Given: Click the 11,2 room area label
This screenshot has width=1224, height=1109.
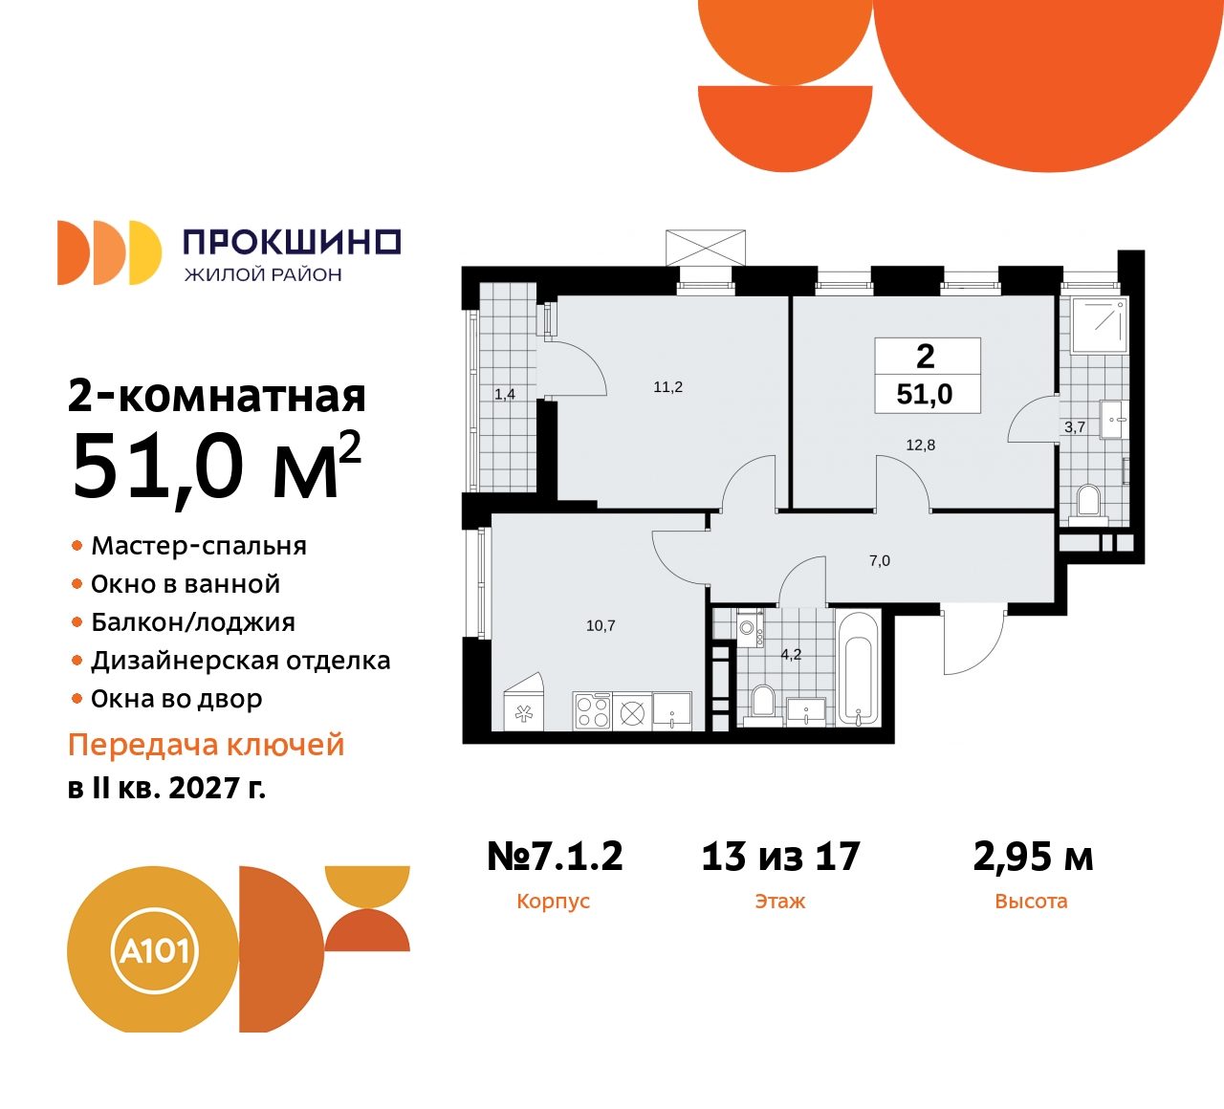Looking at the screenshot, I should coord(667,387).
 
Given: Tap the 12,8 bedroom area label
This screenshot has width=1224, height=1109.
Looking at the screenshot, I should coord(920,445).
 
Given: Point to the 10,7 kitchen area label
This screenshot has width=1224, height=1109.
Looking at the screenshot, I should coord(601,625).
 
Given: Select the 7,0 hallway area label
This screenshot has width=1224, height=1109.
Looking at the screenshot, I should coord(879,561).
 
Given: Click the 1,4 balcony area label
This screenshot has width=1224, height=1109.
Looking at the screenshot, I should coord(505,394).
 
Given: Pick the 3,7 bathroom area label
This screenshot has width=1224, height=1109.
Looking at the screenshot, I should coord(1075,427).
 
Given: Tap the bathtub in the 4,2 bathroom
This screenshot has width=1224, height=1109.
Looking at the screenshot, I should coord(858,667).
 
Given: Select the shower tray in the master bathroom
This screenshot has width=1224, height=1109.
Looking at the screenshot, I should coord(1100,325).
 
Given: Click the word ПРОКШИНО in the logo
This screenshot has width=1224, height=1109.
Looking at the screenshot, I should coord(292,242).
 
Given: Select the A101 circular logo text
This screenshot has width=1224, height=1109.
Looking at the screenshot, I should coord(155,951).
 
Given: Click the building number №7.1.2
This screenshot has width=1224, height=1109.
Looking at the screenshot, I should coord(555,857).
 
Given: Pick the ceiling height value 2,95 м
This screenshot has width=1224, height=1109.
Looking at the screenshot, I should coord(1033,857).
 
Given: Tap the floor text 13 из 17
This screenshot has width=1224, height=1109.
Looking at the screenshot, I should coord(780,857).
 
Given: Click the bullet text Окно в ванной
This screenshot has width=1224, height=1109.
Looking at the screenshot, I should coord(186,584).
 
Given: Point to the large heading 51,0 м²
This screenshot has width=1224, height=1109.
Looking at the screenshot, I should coord(216,467).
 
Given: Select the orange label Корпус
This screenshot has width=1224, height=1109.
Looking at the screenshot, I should coord(553,902).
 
